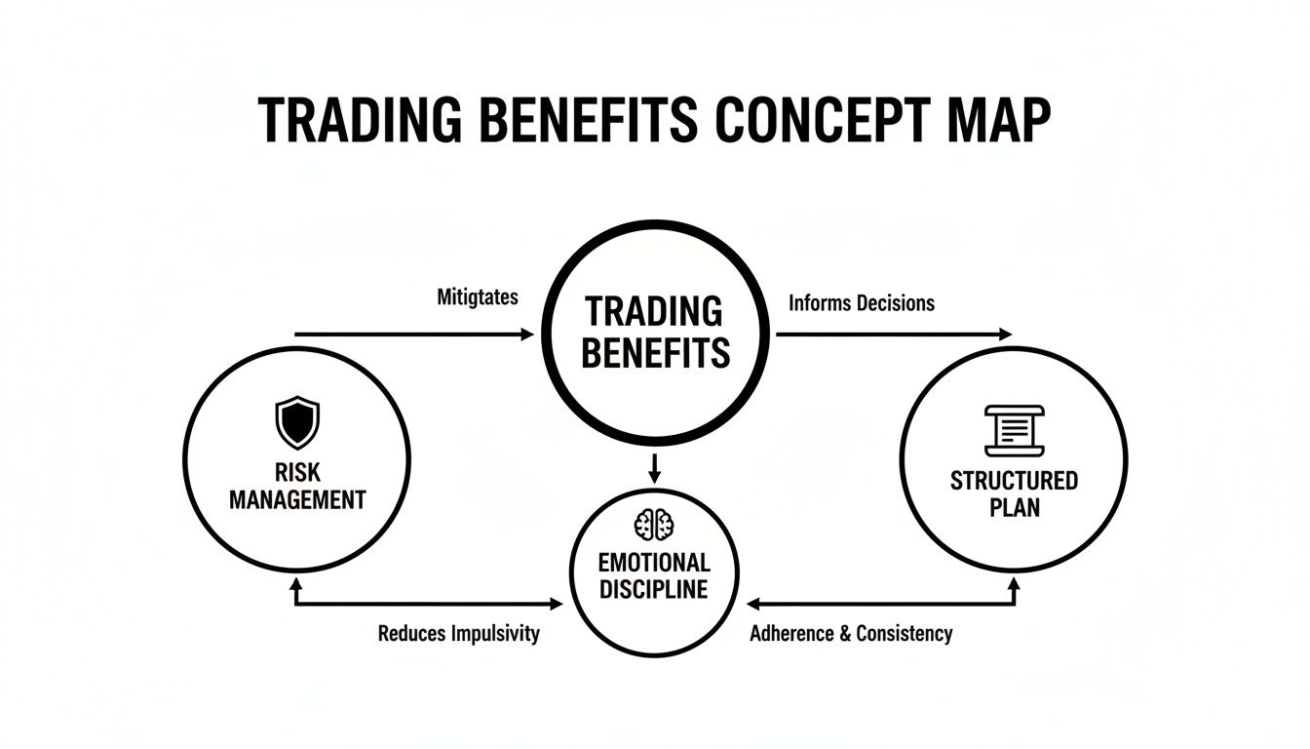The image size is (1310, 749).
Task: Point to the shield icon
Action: coord(297,421)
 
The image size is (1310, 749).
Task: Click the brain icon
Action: coord(654,525)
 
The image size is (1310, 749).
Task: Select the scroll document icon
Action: coord(1014,429)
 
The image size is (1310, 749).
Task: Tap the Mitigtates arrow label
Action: coord(478,297)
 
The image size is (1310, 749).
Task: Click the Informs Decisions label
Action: coord(861,303)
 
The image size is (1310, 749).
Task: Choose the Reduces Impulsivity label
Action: coord(458,634)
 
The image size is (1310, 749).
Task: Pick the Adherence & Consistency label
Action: coord(851,634)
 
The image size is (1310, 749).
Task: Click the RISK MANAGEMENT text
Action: coord(297,487)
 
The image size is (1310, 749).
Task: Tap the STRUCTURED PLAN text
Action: coord(1014,493)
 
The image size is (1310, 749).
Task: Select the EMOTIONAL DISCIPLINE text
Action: coord(654,575)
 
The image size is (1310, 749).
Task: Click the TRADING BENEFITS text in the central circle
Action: coord(655,332)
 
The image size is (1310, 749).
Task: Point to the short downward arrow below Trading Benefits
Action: coord(655,468)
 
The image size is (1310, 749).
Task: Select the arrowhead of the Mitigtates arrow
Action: coord(529,335)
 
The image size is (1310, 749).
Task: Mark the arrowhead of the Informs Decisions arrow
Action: coord(1007,335)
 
